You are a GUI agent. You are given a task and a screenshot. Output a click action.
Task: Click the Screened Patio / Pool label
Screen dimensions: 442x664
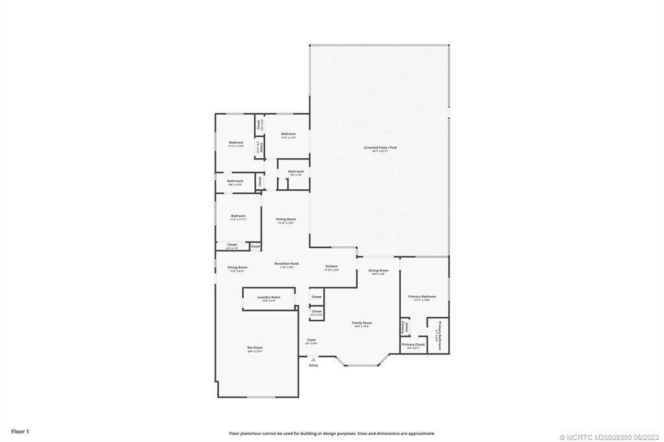380,148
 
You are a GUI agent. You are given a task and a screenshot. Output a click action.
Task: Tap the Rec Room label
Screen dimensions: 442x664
255,348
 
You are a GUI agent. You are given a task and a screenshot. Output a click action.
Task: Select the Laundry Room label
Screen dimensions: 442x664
268,297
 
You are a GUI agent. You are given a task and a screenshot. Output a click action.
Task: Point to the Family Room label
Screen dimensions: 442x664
362,323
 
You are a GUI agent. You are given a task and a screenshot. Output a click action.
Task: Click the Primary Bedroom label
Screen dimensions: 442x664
421,297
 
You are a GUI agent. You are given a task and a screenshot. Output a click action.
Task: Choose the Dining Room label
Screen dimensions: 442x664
378,270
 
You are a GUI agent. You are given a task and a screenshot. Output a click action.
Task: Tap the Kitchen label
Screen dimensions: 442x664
331,266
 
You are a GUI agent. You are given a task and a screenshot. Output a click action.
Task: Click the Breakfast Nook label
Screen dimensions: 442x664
287,264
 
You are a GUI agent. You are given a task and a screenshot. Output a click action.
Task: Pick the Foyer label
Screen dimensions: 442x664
311,340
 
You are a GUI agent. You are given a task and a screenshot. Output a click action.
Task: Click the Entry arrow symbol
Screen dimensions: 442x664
314,359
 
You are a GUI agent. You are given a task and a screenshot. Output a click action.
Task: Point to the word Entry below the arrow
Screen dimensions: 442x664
314,366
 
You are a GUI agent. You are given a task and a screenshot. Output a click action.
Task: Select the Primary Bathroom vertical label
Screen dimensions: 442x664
440,335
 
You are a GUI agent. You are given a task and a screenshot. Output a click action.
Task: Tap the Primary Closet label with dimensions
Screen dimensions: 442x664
413,345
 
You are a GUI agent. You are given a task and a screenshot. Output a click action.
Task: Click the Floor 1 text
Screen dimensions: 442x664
20,431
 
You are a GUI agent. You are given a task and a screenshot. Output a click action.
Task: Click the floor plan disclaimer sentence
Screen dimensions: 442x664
331,434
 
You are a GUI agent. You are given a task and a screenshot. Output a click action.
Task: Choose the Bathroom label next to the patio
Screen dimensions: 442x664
296,172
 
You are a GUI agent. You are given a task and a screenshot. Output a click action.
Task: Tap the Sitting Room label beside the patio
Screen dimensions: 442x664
286,220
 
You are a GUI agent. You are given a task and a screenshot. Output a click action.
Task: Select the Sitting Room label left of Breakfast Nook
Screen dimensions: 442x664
237,268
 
